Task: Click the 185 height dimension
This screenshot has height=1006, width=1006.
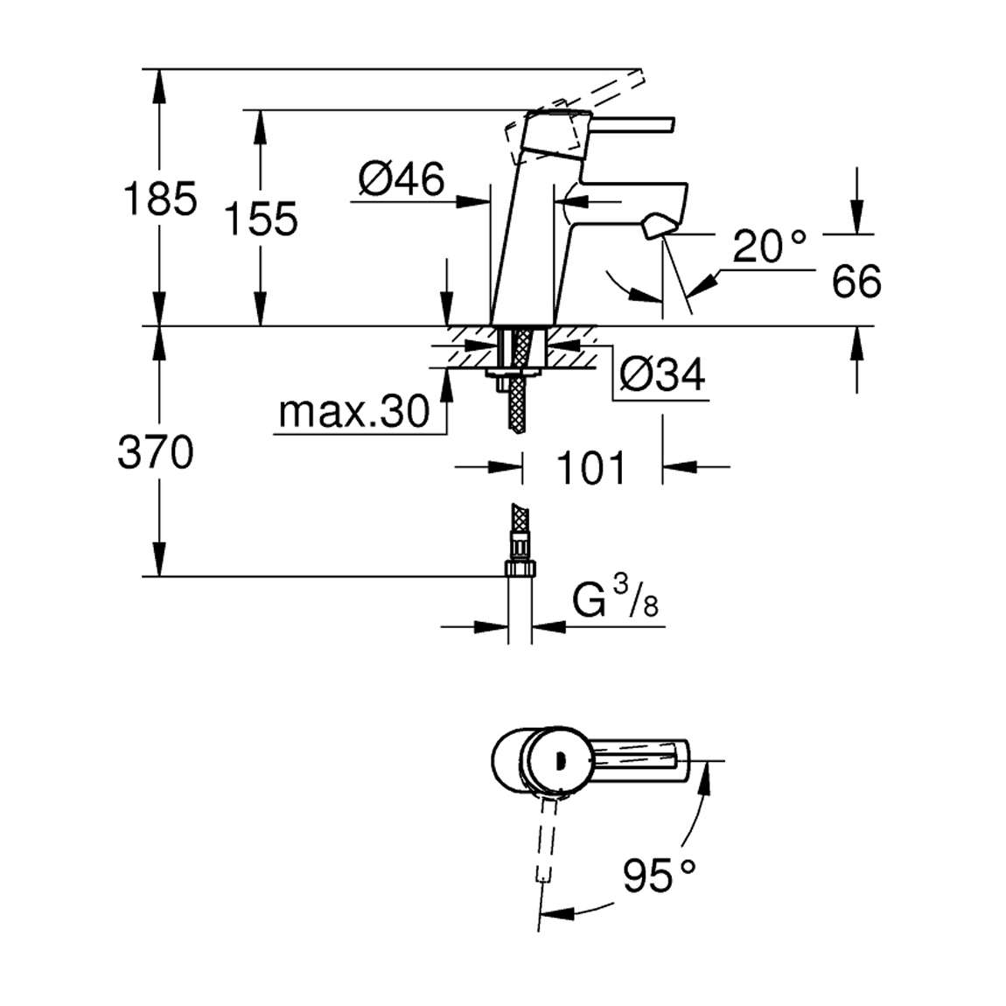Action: pyautogui.click(x=160, y=199)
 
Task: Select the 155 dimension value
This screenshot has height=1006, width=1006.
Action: pyautogui.click(x=261, y=219)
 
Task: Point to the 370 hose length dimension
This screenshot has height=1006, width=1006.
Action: pyautogui.click(x=155, y=451)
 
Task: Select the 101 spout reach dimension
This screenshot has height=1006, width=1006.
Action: pyautogui.click(x=590, y=468)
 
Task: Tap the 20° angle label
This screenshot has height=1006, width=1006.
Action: pyautogui.click(x=769, y=246)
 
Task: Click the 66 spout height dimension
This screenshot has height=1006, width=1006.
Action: pyautogui.click(x=856, y=281)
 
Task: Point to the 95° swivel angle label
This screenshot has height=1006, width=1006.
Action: pyautogui.click(x=659, y=875)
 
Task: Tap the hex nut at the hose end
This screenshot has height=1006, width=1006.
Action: pyautogui.click(x=520, y=569)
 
